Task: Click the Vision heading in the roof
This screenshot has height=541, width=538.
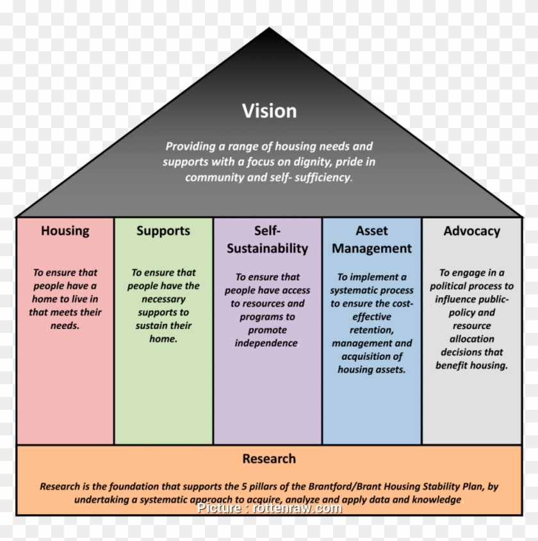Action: [269, 111]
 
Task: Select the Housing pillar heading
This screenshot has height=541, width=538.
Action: [65, 230]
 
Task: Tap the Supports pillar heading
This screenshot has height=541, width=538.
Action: [163, 230]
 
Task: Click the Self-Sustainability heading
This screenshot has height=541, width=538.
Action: [268, 239]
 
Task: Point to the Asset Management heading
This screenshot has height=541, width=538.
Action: [371, 239]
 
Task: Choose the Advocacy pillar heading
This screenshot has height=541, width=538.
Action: [472, 230]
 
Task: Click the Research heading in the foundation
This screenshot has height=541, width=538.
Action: [269, 458]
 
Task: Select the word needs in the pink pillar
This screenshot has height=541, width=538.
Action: [65, 325]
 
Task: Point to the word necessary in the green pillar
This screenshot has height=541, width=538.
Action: [163, 299]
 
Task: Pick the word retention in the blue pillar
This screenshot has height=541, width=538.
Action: [371, 330]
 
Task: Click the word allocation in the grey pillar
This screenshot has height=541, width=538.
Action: [471, 339]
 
